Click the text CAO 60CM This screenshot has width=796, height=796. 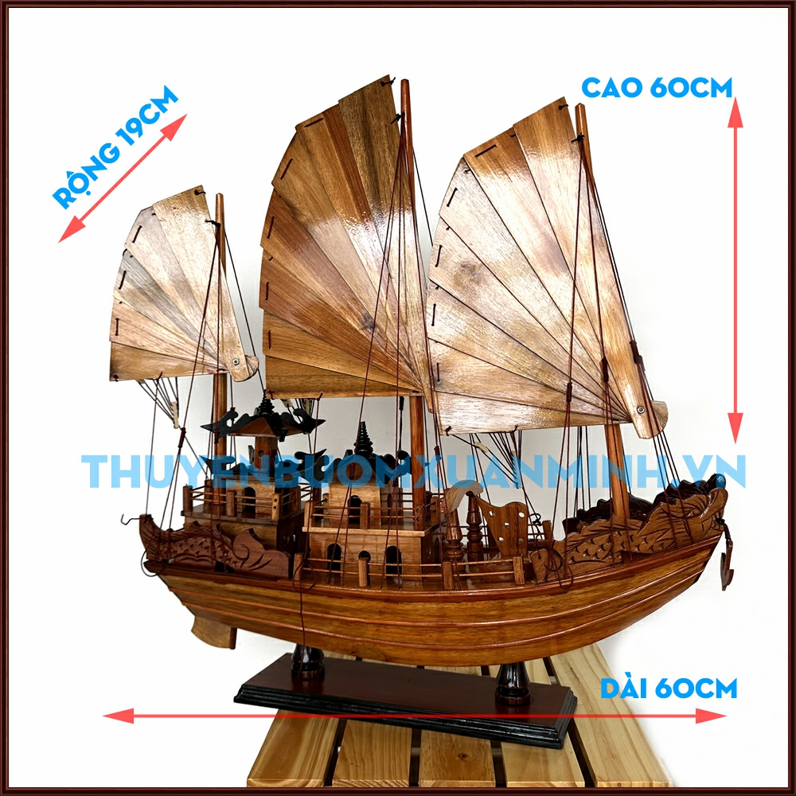point(656,88)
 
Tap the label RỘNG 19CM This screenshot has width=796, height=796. point(116,150)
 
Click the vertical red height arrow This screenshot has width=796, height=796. point(736,271)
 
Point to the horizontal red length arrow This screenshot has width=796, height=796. point(414,716)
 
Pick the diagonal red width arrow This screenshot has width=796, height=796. point(123,178)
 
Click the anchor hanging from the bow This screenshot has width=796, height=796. point(727,564)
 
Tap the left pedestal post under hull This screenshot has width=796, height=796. point(307,661)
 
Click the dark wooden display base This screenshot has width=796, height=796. point(406,700)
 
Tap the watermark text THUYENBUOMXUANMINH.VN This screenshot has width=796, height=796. point(414,471)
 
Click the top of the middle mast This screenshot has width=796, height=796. point(405,86)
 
